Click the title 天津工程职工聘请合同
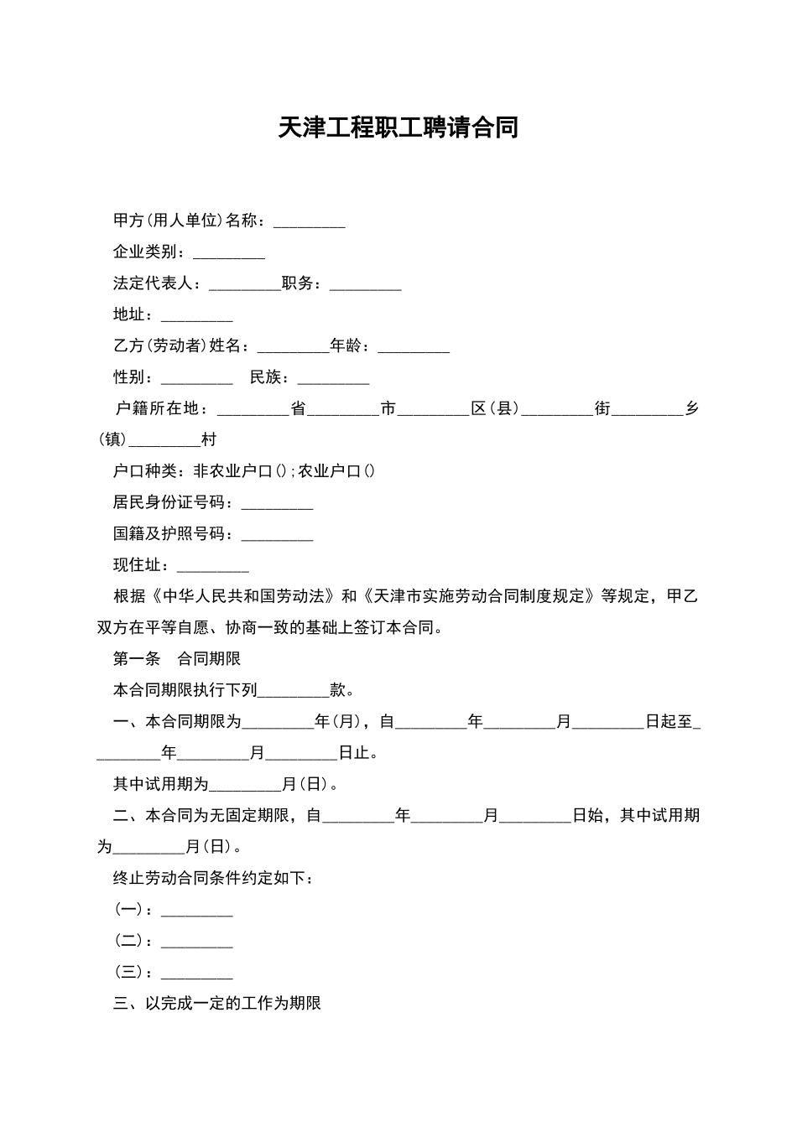(398, 128)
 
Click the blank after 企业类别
(229, 253)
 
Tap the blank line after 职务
(366, 284)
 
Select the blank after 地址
(196, 316)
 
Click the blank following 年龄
(414, 347)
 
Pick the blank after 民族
(333, 379)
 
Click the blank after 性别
(196, 379)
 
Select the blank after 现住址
(213, 566)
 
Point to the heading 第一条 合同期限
(177, 659)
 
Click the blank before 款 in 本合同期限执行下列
(294, 691)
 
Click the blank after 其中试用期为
(245, 785)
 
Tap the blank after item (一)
(196, 911)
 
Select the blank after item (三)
(196, 974)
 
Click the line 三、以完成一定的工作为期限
(217, 1004)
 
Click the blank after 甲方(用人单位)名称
(310, 221)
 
